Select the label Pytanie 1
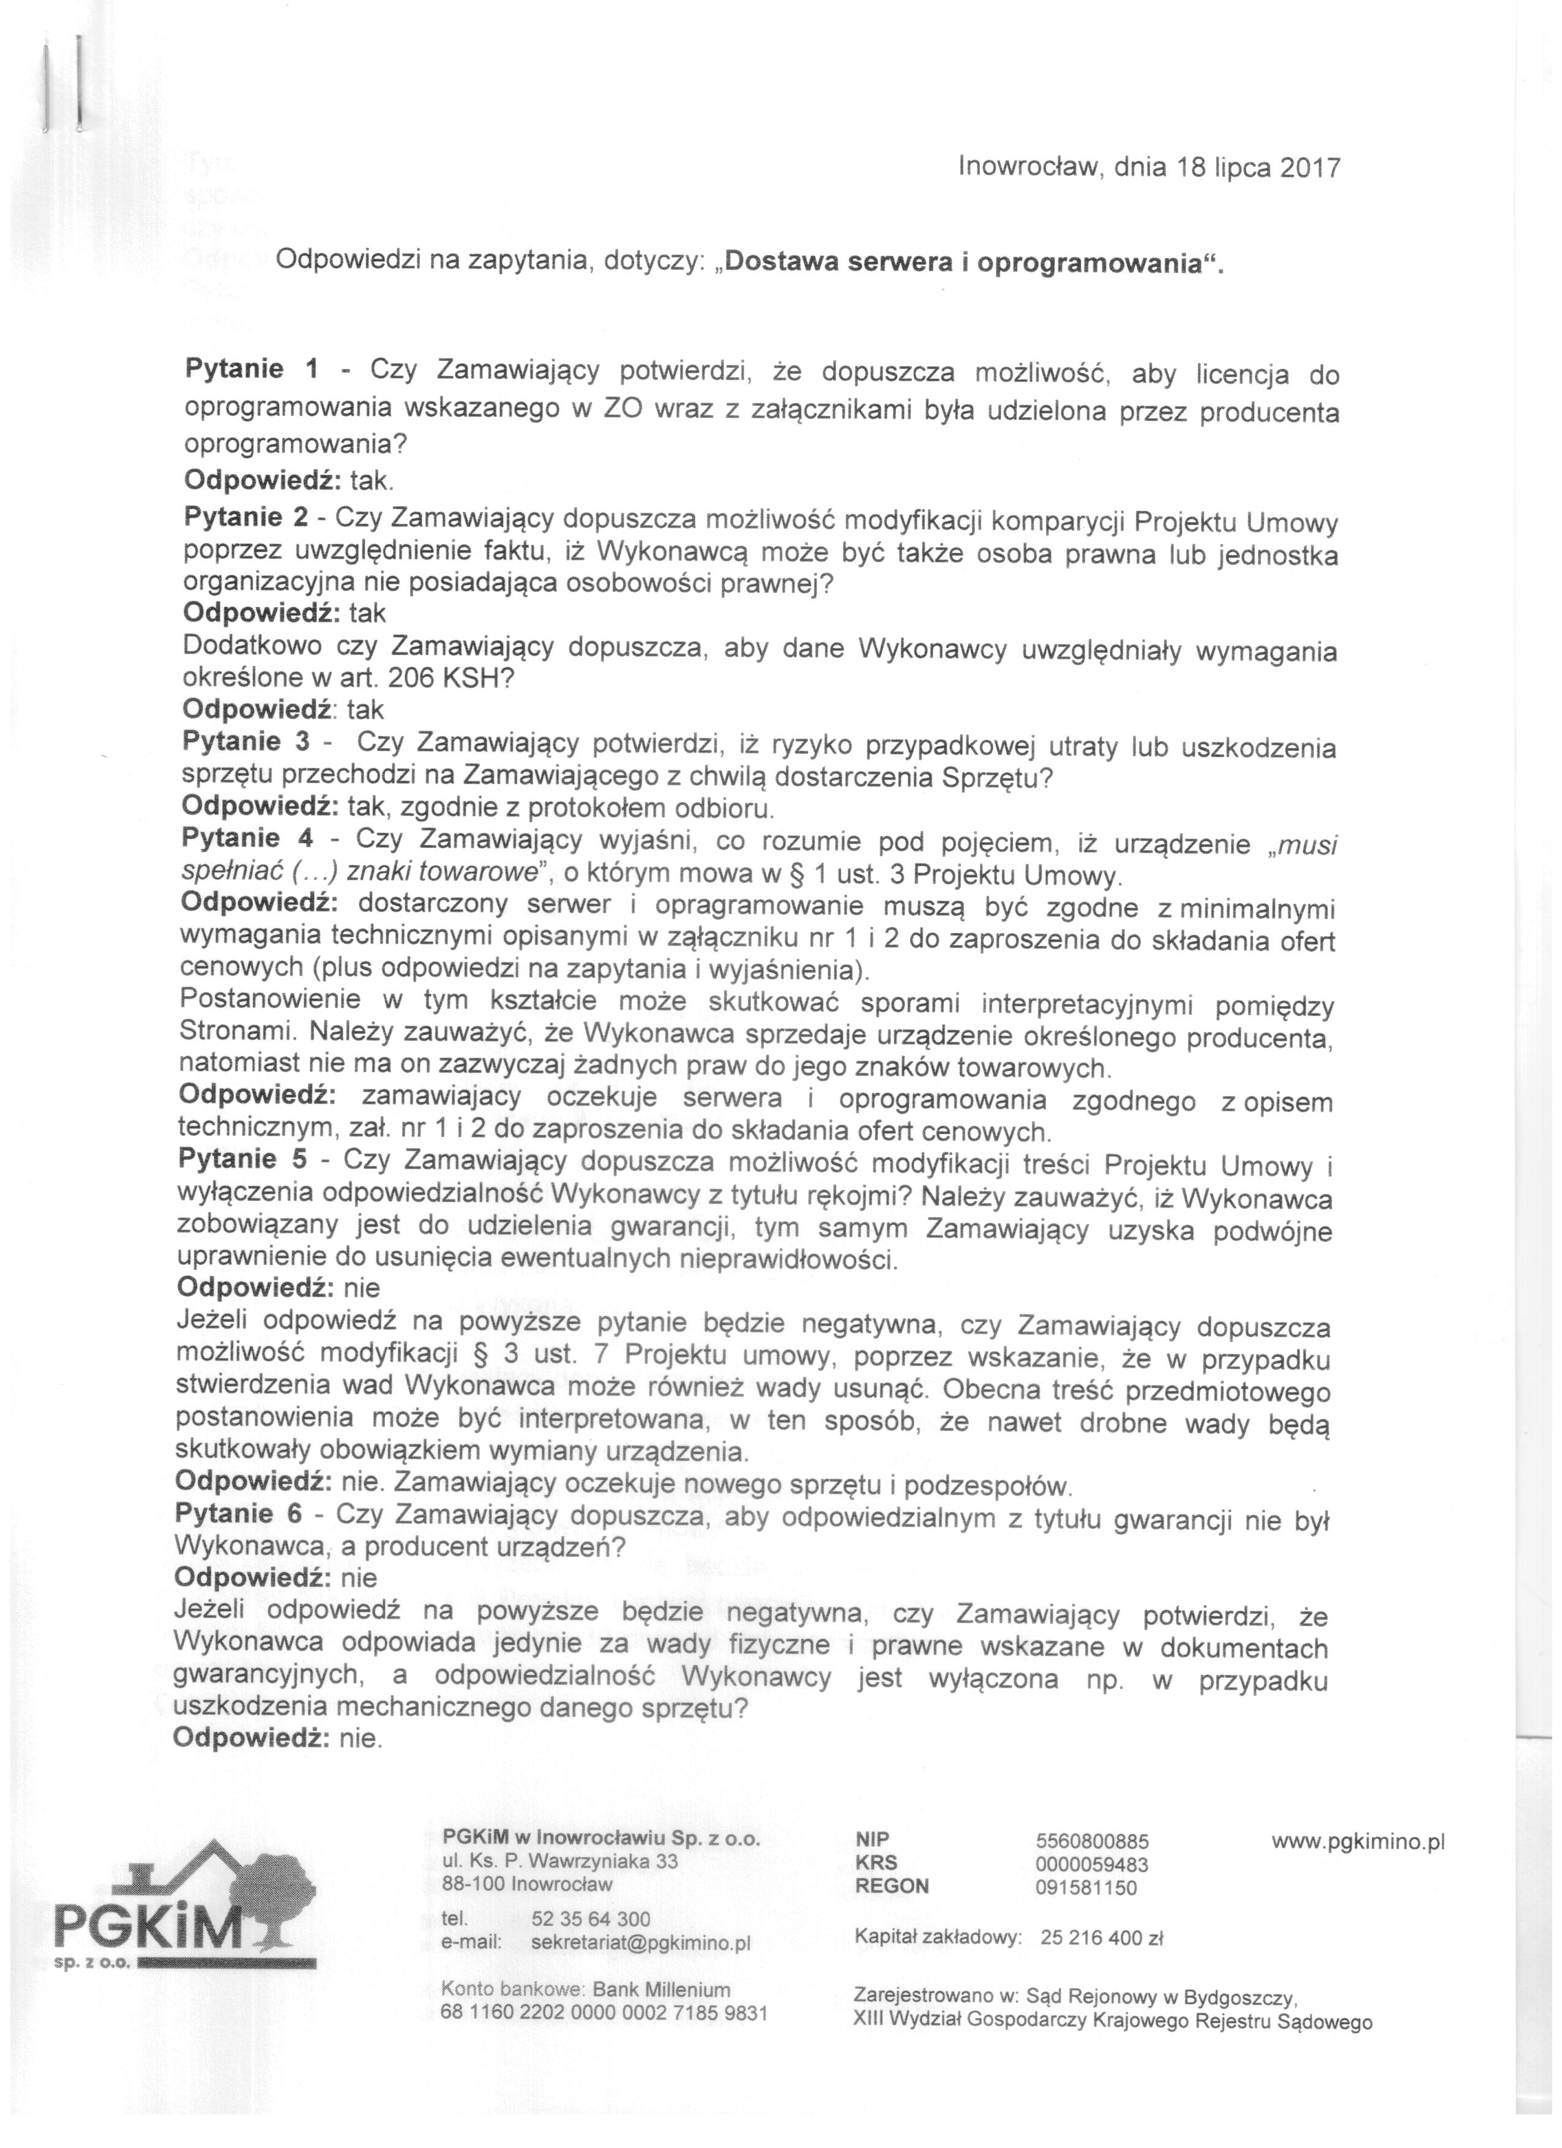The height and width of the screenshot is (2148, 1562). (252, 370)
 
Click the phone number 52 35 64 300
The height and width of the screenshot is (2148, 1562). (591, 1919)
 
